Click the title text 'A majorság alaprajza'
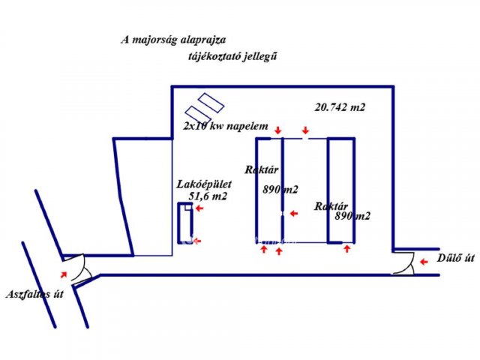(x=173, y=40)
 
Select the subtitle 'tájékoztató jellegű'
(x=232, y=56)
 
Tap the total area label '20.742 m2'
(x=340, y=107)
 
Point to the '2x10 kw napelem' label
(x=226, y=126)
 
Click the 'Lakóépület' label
(x=204, y=184)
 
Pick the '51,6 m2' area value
(x=208, y=196)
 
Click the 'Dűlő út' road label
(x=455, y=258)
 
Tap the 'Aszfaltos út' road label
(x=34, y=294)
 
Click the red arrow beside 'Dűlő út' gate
(x=424, y=262)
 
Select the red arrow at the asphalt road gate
(x=63, y=274)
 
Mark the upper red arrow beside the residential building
(x=199, y=208)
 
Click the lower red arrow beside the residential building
(x=197, y=241)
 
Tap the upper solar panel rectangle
(x=211, y=103)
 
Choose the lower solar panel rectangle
(x=198, y=115)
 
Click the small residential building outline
(x=178, y=223)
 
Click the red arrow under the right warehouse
(x=346, y=248)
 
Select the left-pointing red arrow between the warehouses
(x=294, y=213)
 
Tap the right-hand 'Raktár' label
(x=331, y=206)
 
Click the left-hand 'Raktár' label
(x=262, y=170)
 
